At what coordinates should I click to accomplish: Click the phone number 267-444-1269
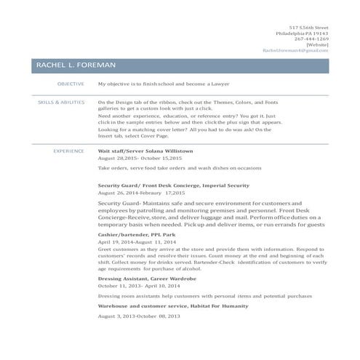311,39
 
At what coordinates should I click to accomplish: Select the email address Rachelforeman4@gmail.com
296,51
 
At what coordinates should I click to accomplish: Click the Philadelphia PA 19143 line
302,33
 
